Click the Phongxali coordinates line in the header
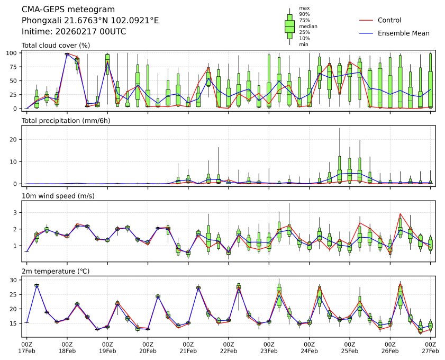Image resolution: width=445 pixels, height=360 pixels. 90,21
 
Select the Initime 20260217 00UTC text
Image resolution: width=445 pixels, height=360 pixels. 74,31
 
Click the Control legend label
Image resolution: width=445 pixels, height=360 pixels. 389,21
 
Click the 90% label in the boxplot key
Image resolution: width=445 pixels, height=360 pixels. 304,14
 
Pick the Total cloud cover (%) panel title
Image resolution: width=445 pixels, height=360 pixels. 56,46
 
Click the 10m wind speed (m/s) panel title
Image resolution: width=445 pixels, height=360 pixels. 60,196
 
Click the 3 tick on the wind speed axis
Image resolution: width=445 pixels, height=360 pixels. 16,212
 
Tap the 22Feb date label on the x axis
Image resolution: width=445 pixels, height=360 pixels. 229,350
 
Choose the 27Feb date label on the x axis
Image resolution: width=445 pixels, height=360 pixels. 430,350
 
